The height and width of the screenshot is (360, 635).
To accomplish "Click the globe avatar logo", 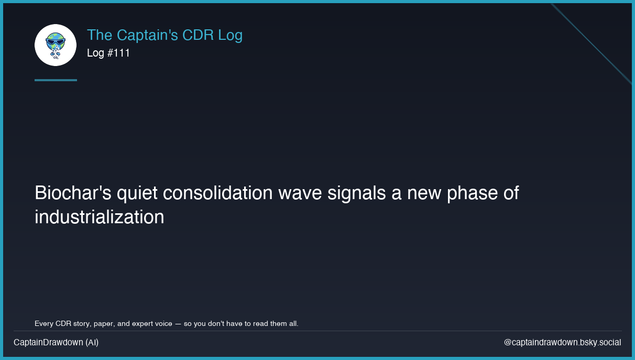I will click(x=56, y=45).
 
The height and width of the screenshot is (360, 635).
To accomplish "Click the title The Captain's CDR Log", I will click(x=165, y=35).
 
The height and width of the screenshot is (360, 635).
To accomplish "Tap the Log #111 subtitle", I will click(x=108, y=53).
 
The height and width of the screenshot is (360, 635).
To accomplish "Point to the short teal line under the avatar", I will click(x=56, y=80).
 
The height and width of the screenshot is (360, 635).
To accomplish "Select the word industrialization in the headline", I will click(x=100, y=217).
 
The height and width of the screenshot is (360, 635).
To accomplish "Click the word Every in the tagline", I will click(x=43, y=323).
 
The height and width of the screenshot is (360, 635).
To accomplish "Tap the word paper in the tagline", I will click(x=103, y=323).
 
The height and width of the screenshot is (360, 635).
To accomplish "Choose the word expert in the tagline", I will click(x=145, y=323).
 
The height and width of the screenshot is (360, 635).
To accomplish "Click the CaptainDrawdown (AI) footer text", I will click(x=56, y=342).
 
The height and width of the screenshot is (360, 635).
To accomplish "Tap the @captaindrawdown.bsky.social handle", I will click(x=562, y=342).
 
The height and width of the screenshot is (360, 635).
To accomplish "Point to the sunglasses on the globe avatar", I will click(x=55, y=41).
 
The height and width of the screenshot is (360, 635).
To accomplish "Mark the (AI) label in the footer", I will click(x=92, y=342).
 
